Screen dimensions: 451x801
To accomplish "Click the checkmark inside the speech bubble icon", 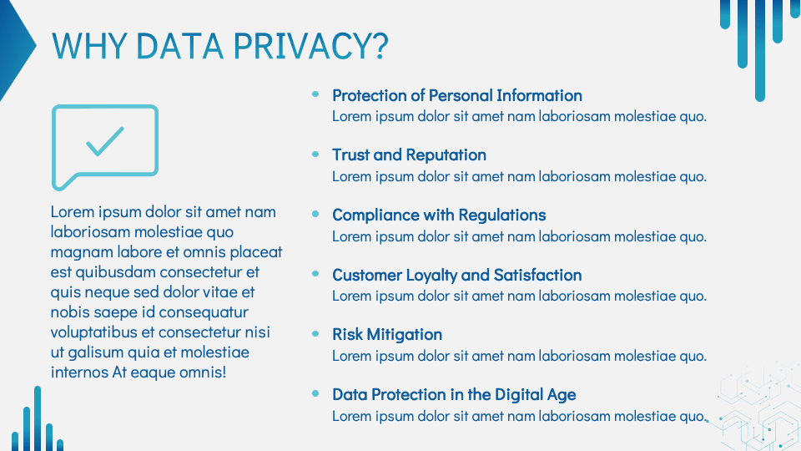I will (105, 141).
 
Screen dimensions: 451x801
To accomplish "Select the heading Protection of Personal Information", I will (456, 95).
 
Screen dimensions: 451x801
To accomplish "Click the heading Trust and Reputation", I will (409, 155).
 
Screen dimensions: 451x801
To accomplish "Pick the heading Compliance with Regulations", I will (439, 215).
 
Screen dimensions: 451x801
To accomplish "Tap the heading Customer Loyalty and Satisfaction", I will (456, 275).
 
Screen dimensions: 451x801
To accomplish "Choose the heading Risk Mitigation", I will (386, 334).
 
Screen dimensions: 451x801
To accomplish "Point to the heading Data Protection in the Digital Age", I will (454, 394).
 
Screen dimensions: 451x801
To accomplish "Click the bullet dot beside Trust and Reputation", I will (315, 155).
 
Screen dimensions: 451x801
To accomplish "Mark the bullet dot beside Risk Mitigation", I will (315, 333).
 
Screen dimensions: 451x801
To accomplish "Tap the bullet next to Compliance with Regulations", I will (315, 214).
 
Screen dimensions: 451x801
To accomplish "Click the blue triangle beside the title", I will (14, 48).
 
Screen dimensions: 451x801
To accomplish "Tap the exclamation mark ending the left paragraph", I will (224, 372).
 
